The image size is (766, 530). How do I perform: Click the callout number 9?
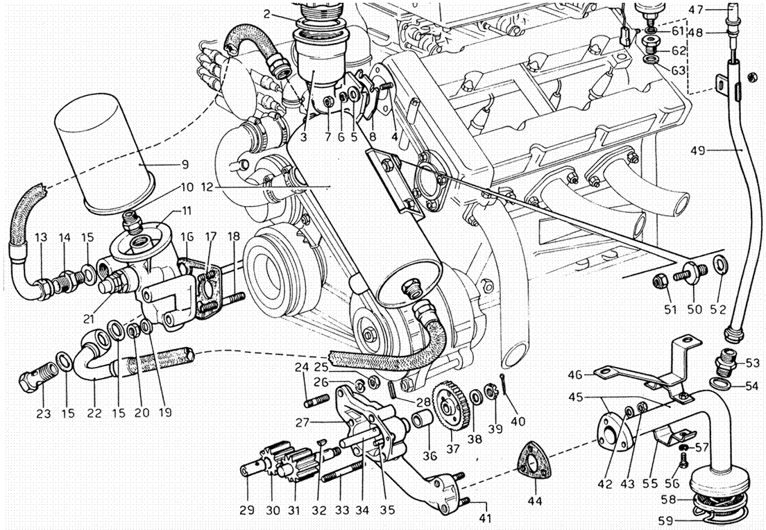click(185, 165)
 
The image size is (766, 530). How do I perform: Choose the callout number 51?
click(670, 309)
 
